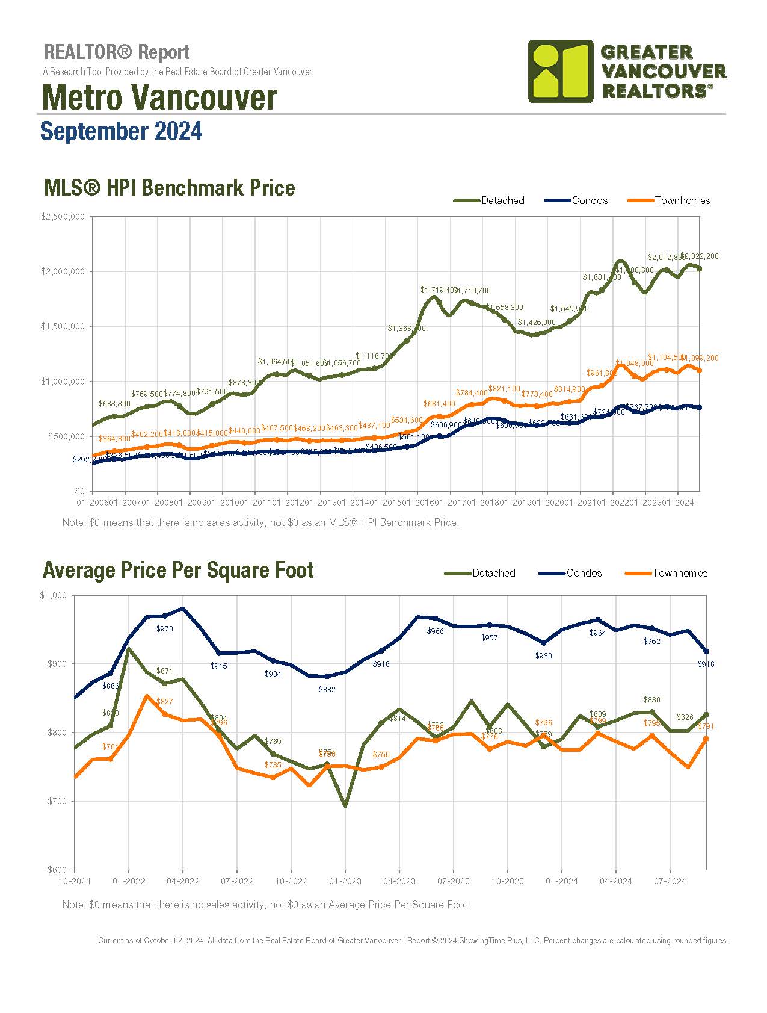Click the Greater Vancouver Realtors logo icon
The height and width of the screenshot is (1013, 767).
[560, 71]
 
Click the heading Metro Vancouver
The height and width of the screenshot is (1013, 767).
[159, 98]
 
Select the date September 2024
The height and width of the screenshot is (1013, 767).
[121, 131]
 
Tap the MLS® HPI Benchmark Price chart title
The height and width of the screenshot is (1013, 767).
[170, 188]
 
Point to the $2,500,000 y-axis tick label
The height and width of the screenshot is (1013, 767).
[63, 217]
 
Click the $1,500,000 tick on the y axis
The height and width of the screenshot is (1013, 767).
[63, 326]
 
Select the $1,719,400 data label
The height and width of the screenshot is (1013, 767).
[438, 290]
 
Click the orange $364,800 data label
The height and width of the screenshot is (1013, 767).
[114, 439]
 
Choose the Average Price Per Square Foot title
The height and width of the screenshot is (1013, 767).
[178, 570]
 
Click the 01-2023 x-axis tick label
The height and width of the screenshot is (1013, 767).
[345, 881]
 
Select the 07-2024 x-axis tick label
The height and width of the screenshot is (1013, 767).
[670, 881]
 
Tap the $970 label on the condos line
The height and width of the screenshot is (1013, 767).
[164, 628]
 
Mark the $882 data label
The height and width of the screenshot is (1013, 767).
[327, 689]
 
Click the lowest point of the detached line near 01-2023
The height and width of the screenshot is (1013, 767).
[345, 805]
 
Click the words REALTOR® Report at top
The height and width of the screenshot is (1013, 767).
[117, 52]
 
